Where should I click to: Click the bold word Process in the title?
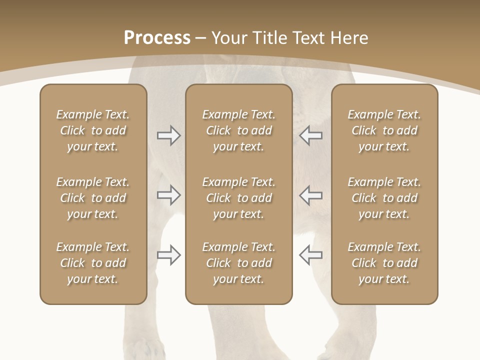pos(157,38)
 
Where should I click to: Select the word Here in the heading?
pos(349,38)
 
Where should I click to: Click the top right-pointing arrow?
pos(169,135)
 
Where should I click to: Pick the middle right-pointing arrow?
pos(169,195)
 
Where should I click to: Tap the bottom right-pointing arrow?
pos(169,255)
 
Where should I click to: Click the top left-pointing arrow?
pos(310,135)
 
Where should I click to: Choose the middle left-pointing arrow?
pos(310,195)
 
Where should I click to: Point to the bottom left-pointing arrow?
pos(310,255)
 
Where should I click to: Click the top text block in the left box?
pos(93,130)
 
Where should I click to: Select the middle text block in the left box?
pos(93,198)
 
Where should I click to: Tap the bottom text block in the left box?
pos(93,263)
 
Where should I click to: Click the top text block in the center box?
pos(238,130)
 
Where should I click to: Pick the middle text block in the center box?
pos(238,198)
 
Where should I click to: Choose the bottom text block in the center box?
pos(238,263)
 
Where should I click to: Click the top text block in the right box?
pos(384,130)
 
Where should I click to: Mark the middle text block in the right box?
pos(384,198)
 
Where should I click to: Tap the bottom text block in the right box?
pos(384,263)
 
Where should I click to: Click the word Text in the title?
pos(309,38)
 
